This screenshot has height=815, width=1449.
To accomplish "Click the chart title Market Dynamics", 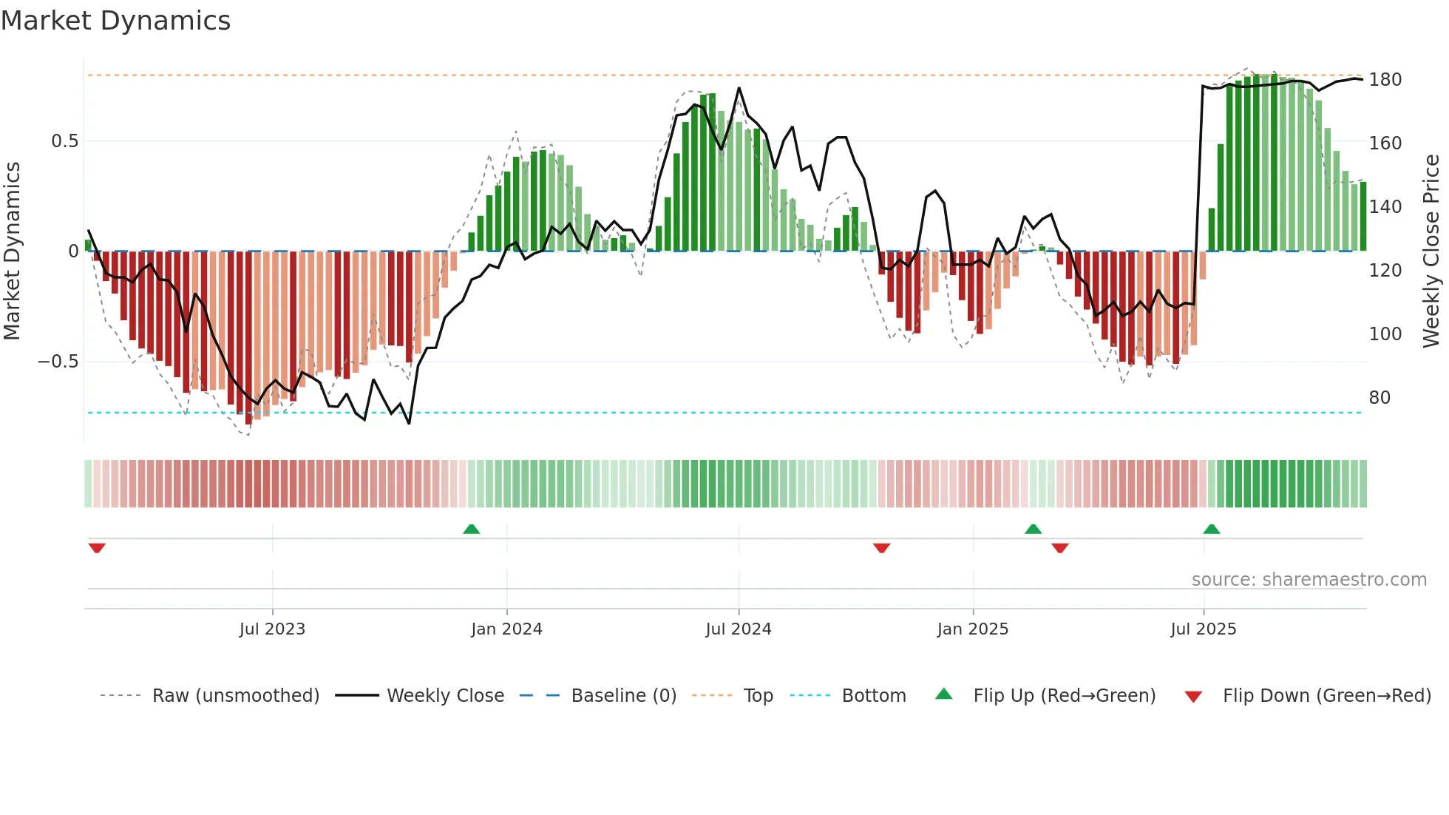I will coord(116,21).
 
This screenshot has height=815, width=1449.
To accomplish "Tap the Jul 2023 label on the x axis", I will coord(272,629).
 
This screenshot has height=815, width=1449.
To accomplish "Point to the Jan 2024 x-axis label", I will coord(506,629).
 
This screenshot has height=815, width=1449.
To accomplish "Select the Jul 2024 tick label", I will coord(739,629).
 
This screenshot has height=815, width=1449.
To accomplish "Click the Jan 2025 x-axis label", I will coord(972,629).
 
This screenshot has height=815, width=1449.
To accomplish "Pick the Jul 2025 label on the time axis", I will coord(1203,629).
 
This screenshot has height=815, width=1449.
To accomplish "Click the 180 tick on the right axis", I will coord(1385,80).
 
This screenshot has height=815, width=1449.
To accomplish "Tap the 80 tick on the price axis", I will coord(1380,398).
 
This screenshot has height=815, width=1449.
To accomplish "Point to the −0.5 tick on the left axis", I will coord(58,362).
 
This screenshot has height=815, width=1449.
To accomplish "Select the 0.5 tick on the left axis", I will coord(64,141).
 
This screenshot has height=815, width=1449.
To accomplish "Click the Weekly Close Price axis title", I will coord(1431,251).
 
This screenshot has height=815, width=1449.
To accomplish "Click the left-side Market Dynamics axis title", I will coord(13,251).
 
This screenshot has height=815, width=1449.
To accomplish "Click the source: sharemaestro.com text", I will coord(1309,580).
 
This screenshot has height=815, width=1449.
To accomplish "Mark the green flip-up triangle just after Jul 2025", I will coord(1211,530).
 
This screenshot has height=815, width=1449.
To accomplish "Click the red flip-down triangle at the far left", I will coord(97,548).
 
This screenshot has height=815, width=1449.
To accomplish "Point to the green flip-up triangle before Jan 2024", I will coord(471,530).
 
